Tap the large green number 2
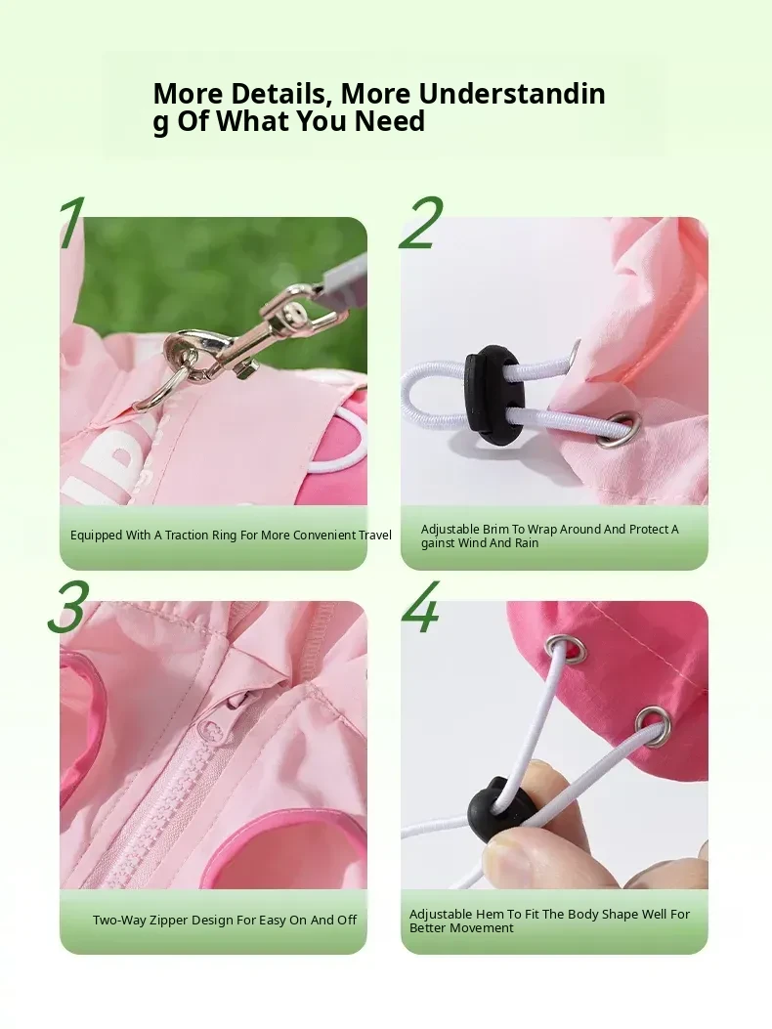tap(421, 223)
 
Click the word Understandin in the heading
tap(512, 94)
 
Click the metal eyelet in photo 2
tap(627, 429)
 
